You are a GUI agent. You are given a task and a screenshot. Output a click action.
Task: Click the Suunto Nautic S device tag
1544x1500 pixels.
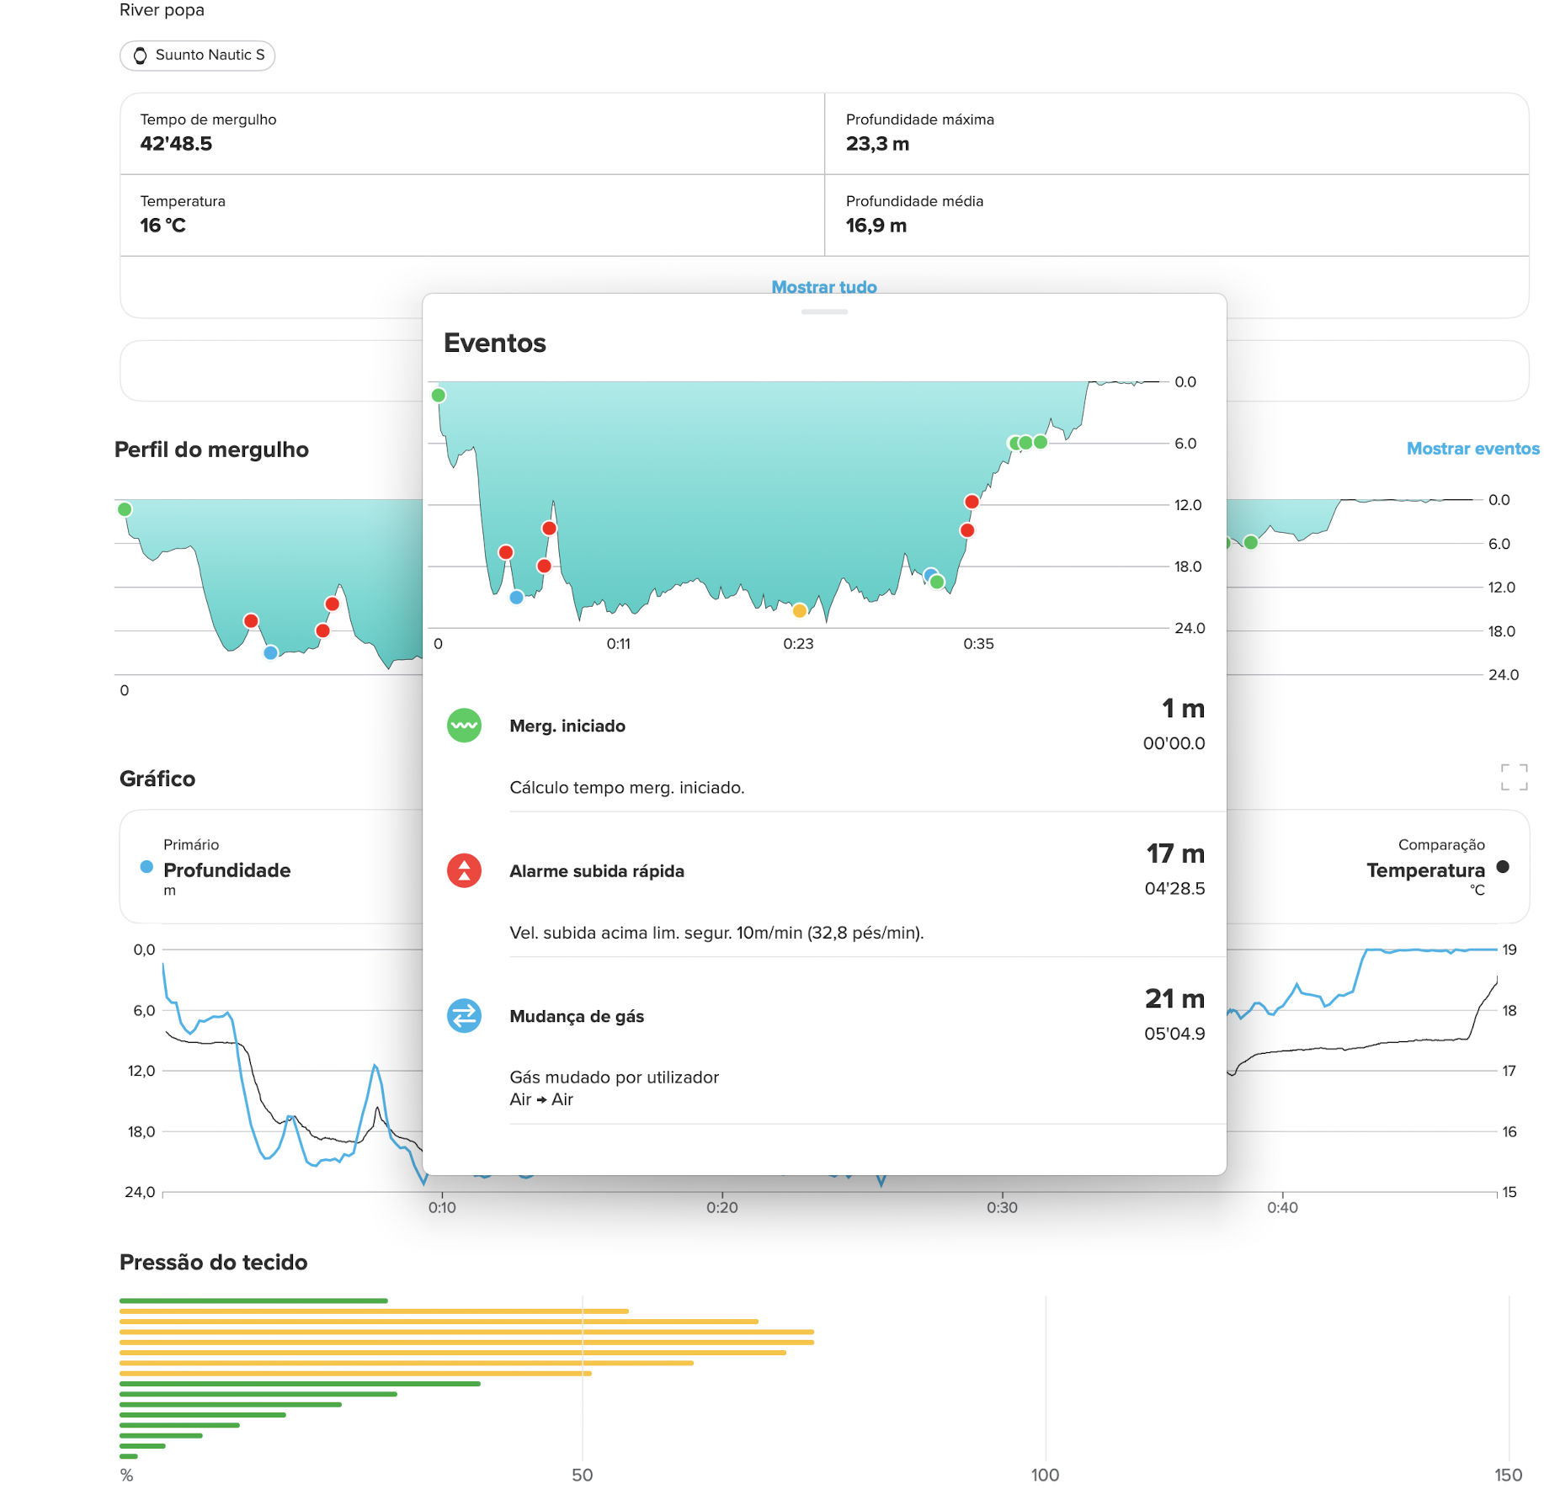(x=197, y=56)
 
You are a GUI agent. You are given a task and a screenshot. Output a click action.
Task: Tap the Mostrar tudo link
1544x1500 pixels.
(x=824, y=287)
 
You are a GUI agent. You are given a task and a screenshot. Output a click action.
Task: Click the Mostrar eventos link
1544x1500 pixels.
(x=1472, y=449)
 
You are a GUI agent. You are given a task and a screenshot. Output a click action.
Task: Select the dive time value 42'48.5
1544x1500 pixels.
(x=176, y=144)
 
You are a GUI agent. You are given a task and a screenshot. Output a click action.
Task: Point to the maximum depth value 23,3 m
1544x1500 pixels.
(x=877, y=144)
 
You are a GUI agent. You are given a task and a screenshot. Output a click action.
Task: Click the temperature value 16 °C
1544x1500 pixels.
(x=162, y=226)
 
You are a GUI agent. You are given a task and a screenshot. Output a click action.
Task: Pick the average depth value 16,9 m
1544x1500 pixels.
(x=876, y=226)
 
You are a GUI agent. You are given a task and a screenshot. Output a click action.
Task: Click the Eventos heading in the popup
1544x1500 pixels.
(x=495, y=343)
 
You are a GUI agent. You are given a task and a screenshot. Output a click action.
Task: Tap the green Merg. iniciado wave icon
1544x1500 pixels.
(x=464, y=726)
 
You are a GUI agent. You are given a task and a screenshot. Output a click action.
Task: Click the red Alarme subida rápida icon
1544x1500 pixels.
(x=464, y=870)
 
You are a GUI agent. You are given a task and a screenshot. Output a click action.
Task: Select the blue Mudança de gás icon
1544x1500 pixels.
(x=464, y=1016)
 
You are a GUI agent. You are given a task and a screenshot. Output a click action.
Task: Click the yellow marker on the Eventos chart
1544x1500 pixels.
(x=800, y=610)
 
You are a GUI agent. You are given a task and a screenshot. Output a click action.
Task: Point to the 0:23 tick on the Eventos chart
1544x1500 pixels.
(x=798, y=644)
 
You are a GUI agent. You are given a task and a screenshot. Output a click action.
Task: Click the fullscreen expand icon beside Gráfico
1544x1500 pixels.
(x=1514, y=777)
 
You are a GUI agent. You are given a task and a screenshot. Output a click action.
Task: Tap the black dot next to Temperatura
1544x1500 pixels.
(x=1503, y=867)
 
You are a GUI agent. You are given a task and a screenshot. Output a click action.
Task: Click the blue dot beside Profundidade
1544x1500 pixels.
(x=146, y=867)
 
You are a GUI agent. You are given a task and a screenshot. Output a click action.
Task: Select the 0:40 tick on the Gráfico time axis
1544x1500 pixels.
(x=1282, y=1208)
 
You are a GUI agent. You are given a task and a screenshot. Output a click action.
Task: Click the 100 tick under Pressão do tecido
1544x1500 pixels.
(x=1045, y=1475)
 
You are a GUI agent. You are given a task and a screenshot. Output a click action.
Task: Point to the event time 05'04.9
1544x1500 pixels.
(x=1174, y=1034)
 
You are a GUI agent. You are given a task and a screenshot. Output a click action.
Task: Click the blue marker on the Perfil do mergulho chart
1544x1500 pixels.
(x=270, y=652)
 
